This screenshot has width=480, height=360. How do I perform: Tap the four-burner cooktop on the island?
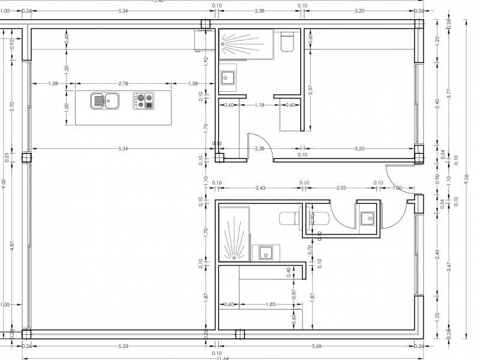(143, 101)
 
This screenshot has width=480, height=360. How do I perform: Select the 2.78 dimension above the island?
(123, 83)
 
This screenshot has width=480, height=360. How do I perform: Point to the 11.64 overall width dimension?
(222, 358)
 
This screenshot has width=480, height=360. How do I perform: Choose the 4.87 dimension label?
(13, 246)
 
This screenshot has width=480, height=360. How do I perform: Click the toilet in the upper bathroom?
(287, 43)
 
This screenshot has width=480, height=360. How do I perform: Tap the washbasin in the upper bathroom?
(228, 78)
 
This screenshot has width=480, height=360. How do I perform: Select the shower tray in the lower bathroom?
(233, 234)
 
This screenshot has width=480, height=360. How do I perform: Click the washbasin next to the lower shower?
(265, 253)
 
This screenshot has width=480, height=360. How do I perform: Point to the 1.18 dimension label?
(259, 105)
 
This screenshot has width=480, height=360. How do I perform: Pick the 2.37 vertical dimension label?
(310, 90)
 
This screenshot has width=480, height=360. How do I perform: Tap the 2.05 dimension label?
(341, 187)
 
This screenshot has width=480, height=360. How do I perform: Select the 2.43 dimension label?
(260, 187)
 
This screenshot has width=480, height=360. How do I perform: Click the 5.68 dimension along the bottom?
(317, 346)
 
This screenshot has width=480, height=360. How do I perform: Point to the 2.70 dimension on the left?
(13, 107)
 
